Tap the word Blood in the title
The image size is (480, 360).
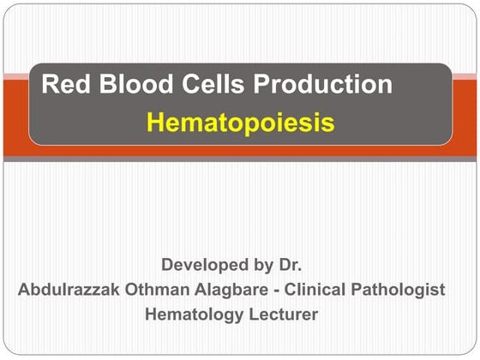click(x=122, y=85)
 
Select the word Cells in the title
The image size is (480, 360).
click(x=190, y=85)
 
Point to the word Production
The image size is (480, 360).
click(x=309, y=85)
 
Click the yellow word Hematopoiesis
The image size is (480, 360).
click(x=240, y=123)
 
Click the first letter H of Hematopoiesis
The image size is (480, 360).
click(x=155, y=123)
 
